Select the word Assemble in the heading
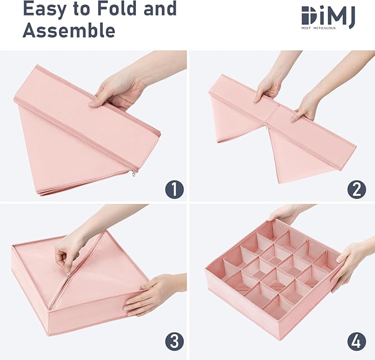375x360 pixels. click(69, 30)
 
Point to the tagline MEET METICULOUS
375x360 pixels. click(318, 28)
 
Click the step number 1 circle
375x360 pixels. click(175, 189)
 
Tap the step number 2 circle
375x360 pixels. click(356, 189)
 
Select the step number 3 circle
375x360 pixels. click(175, 342)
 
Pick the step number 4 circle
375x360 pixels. click(356, 342)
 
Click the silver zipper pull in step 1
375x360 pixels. click(134, 174)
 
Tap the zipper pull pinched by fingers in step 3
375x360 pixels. click(69, 275)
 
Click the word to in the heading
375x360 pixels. click(81, 9)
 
